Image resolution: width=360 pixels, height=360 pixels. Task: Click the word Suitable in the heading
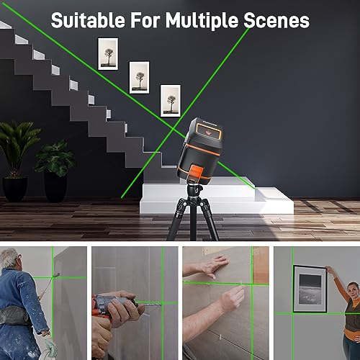coord(86,20)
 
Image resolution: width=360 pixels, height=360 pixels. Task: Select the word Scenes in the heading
coord(277,20)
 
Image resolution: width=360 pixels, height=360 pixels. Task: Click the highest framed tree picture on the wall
coord(109,53)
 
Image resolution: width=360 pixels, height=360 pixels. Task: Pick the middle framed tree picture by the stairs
coord(139,77)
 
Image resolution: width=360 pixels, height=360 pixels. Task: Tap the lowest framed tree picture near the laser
coord(170,100)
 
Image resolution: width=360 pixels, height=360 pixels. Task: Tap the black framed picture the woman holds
coord(310,289)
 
